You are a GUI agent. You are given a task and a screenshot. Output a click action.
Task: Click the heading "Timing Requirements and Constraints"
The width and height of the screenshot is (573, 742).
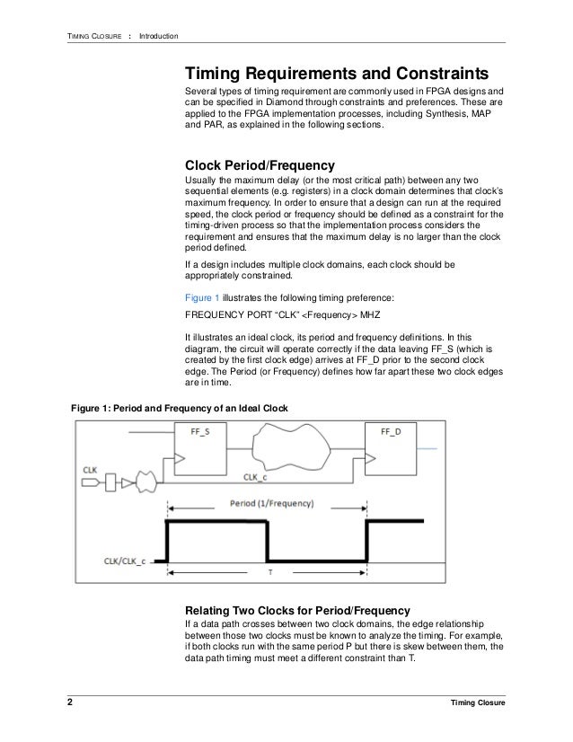(336, 72)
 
